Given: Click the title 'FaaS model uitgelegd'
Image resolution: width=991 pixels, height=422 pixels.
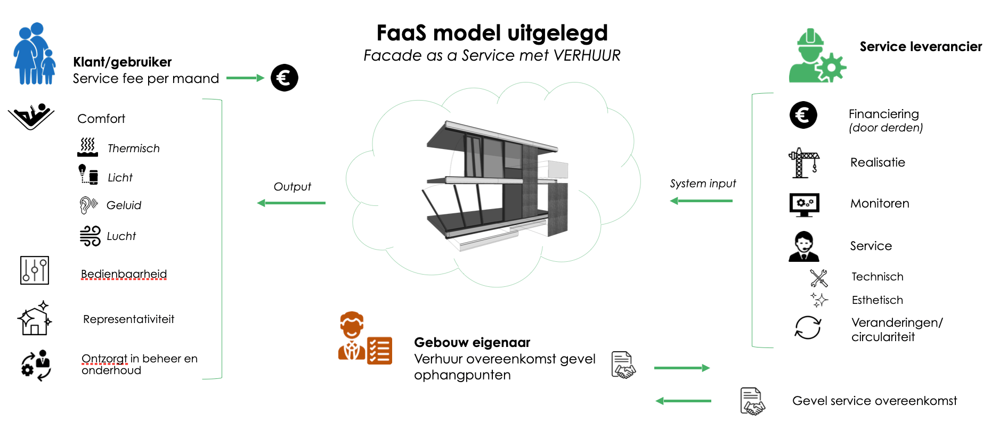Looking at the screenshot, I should pos(492,33).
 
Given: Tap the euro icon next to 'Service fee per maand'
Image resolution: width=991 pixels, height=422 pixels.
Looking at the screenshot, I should pos(284,78).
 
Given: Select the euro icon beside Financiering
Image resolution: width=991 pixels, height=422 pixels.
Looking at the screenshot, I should pos(803,115).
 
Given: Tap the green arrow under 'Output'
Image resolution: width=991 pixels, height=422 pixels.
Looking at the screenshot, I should pos(291,203).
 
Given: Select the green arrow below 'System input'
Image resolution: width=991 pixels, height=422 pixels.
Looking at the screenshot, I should pos(701,201).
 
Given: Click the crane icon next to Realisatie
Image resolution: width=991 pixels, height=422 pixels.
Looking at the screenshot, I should pos(803,162).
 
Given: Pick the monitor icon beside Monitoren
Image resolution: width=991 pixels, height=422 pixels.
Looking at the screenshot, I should pos(804,204).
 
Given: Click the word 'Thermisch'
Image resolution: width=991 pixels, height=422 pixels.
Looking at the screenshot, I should pos(133,148).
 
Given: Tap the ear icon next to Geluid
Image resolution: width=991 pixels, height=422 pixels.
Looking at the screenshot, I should pos(88,205).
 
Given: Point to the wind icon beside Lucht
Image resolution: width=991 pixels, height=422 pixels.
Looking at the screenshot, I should pos(90,236).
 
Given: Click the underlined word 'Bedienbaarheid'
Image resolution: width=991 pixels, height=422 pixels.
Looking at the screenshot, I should pos(124,274).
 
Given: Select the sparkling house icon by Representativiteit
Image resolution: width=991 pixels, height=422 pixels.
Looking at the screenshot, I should pos(35,319).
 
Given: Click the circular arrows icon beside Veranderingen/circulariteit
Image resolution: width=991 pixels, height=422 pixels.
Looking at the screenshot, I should pos(808,327).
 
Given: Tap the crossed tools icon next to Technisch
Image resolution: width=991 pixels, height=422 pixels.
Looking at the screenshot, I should pos(818,278).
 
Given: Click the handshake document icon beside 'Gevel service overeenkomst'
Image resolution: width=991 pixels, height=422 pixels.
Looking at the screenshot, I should pos(752,401).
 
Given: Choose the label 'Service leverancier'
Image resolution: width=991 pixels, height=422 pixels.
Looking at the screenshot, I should pos(921,47).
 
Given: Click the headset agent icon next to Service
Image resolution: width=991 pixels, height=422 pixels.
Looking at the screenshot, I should pos(803,246).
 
